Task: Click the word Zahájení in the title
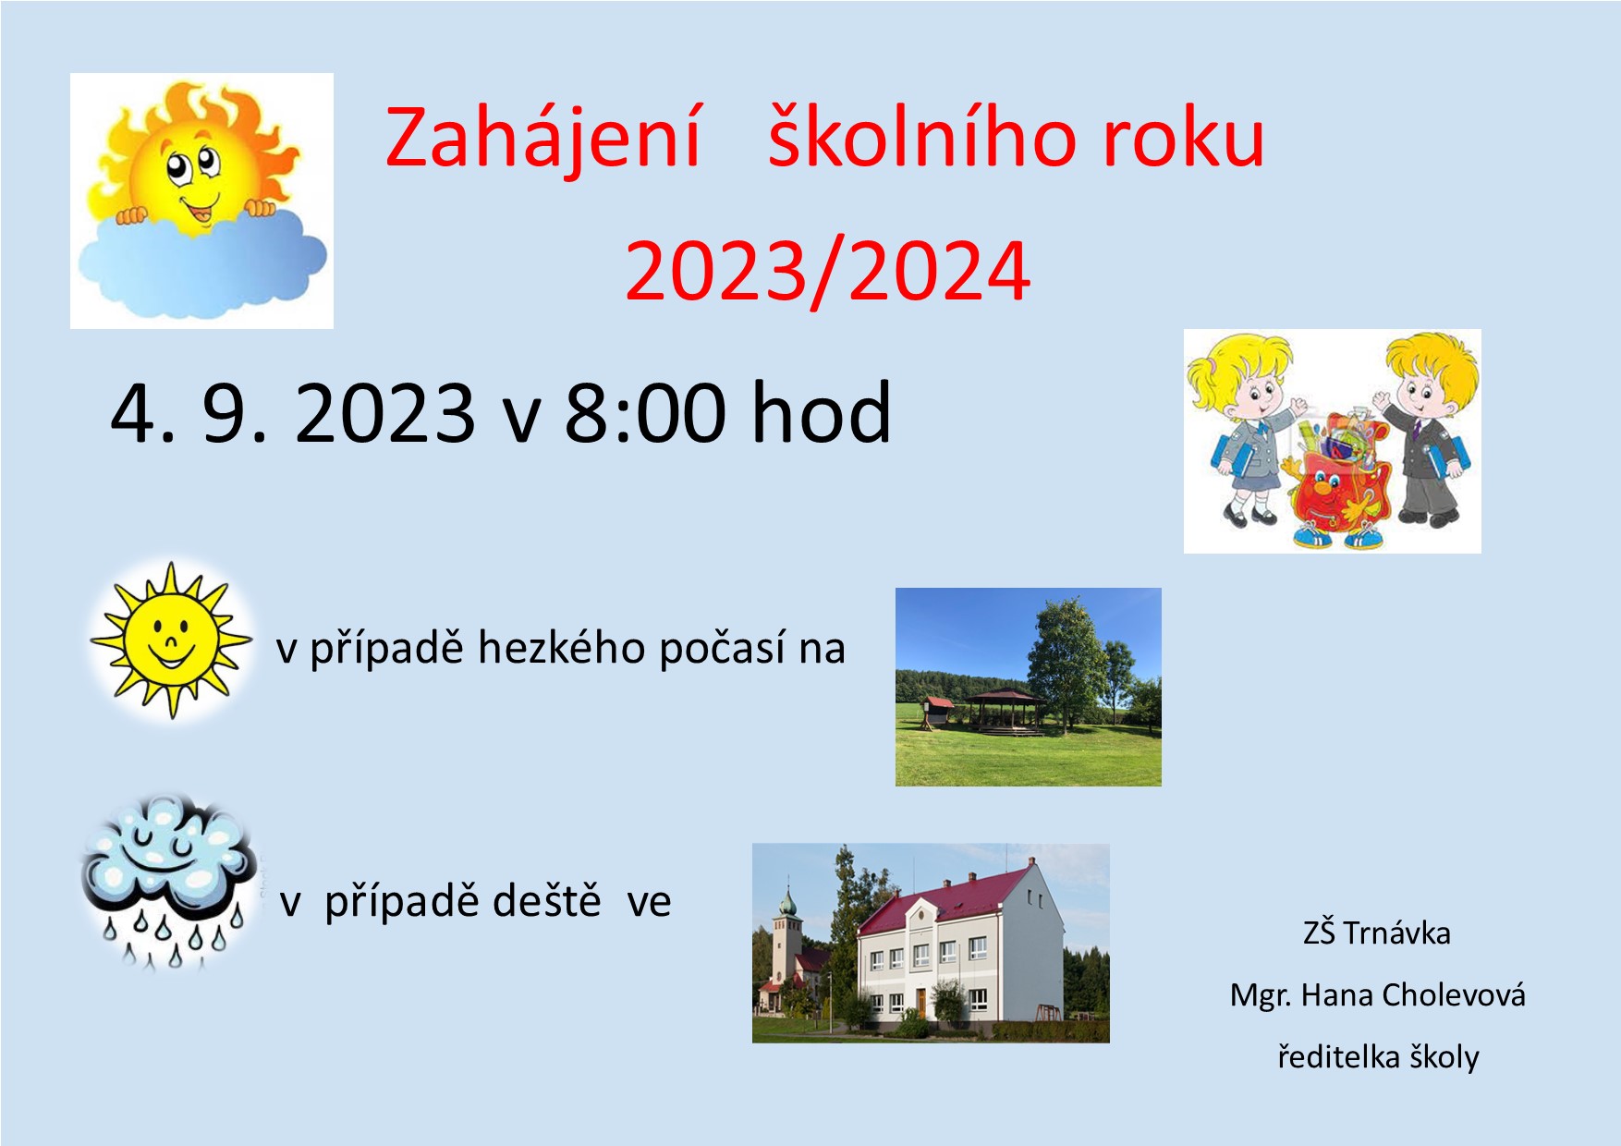pyautogui.click(x=543, y=139)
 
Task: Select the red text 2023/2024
pyautogui.click(x=827, y=271)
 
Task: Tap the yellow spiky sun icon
pyautogui.click(x=171, y=640)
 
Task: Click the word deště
pyautogui.click(x=547, y=900)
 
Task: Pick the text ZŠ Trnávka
pyautogui.click(x=1376, y=933)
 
